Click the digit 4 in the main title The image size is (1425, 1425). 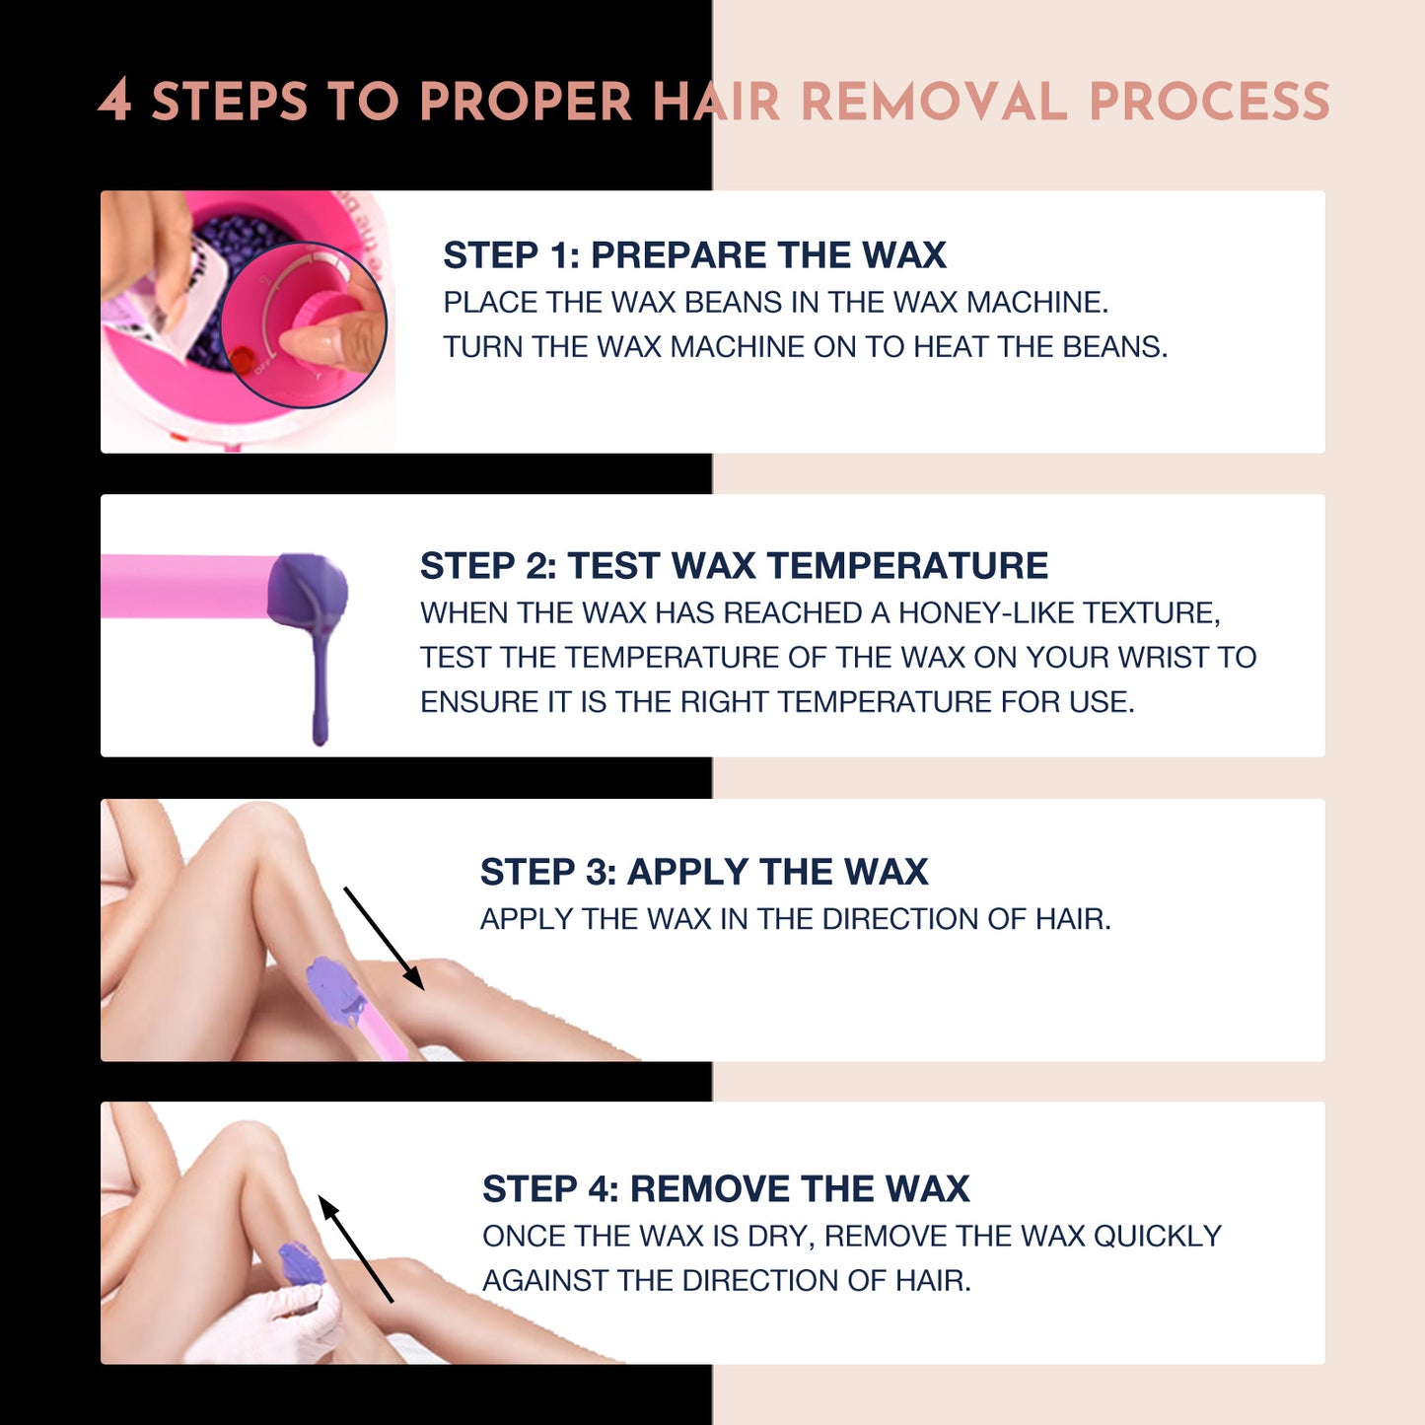[115, 101]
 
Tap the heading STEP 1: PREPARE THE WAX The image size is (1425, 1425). [694, 255]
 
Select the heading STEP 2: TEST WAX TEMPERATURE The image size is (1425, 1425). [734, 566]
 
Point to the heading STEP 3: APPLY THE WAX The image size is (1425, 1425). [704, 872]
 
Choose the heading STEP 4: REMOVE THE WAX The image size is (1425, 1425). [726, 1189]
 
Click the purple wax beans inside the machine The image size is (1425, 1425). [237, 247]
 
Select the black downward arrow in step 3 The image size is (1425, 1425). [384, 938]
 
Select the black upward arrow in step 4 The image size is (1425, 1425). [355, 1248]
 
